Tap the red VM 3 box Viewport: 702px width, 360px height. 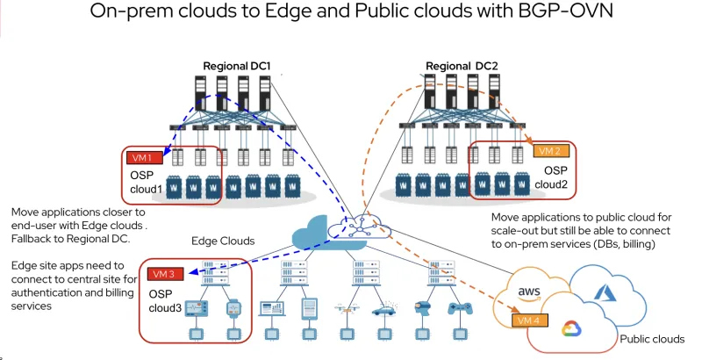[x=166, y=273]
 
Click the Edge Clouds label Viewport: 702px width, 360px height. [x=224, y=241]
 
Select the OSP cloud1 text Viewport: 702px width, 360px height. [x=148, y=181]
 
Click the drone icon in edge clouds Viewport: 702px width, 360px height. [x=354, y=309]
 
